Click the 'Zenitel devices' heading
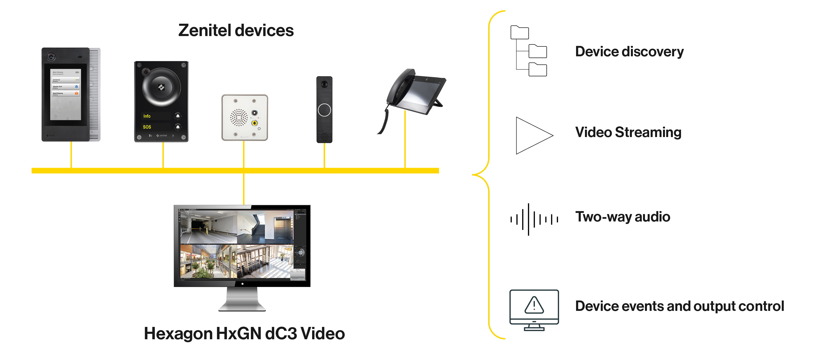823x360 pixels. tap(236, 31)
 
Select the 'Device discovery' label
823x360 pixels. tap(629, 52)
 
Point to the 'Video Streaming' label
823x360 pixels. tap(628, 132)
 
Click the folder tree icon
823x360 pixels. tap(529, 51)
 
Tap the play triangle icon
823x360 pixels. tap(532, 136)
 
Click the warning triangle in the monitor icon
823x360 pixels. tap(534, 305)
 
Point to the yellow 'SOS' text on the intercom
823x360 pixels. tap(147, 127)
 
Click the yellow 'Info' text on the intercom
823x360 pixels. tap(147, 116)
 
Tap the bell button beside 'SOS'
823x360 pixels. tap(178, 127)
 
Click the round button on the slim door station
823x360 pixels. tap(324, 110)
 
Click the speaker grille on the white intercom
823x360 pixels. tap(239, 118)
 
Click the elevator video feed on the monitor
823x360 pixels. tap(265, 227)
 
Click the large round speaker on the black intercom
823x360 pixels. tap(161, 87)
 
